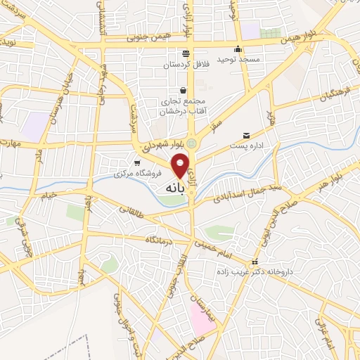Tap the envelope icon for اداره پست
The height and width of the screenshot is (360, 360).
245,135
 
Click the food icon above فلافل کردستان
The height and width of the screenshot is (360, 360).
185,53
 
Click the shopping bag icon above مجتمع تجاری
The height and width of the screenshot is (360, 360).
184,90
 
